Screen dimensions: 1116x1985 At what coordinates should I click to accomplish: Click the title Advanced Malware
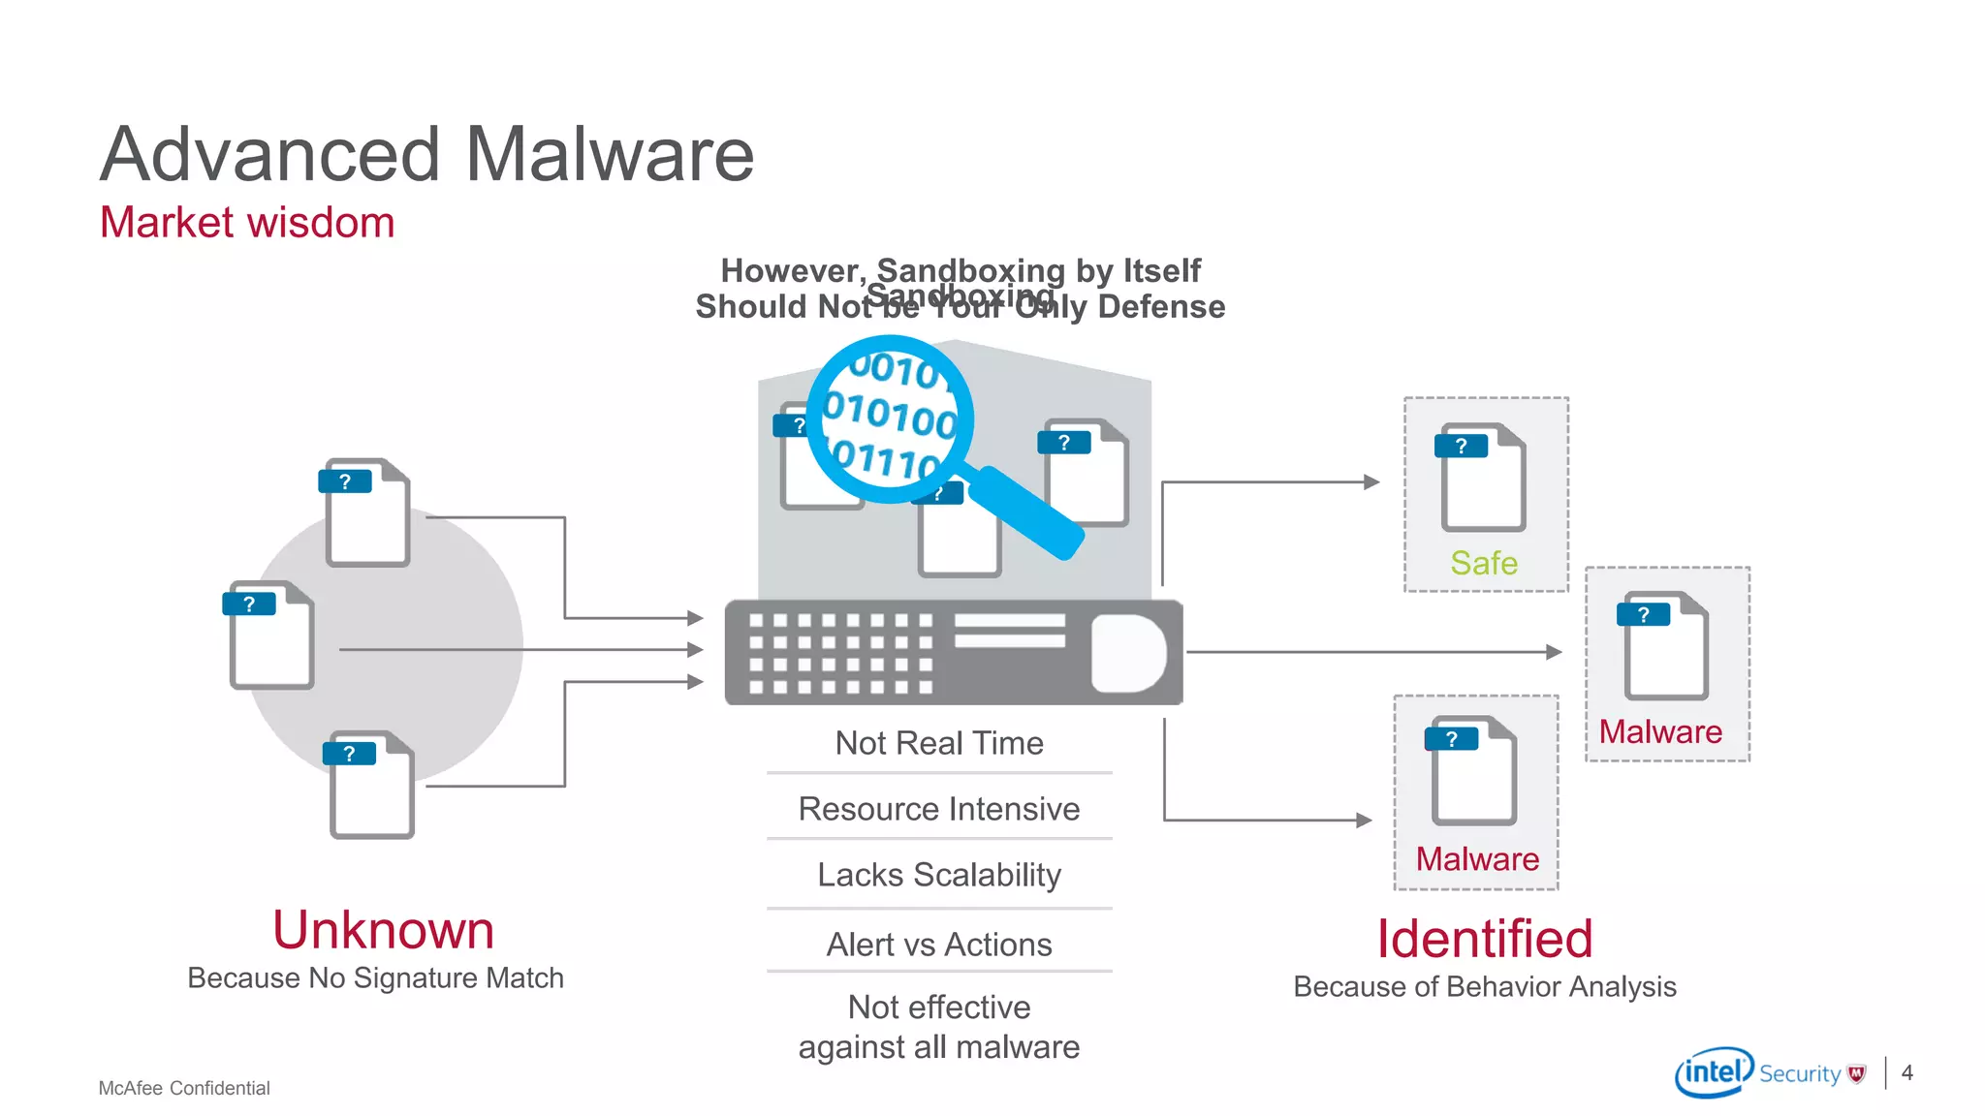[x=426, y=155]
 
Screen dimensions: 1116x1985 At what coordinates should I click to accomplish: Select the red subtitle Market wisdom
[x=247, y=223]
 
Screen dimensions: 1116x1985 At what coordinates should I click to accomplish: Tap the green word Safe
[x=1484, y=563]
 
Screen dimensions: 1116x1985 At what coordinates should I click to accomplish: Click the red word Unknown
[x=383, y=930]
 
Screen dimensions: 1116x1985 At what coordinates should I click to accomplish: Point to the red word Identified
[x=1485, y=939]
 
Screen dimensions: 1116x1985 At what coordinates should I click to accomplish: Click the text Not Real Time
[x=939, y=743]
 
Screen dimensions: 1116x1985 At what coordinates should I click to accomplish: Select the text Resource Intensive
[x=939, y=809]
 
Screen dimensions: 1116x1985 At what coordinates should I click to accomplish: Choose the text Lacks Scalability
[x=939, y=875]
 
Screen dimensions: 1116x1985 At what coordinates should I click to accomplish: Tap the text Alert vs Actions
[x=939, y=945]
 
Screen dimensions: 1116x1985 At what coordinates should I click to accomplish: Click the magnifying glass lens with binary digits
[x=890, y=418]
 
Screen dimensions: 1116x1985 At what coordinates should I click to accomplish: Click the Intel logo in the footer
[x=1713, y=1072]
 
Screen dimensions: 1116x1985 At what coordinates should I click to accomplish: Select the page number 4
[x=1906, y=1072]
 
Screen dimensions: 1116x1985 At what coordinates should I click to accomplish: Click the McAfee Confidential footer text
[x=184, y=1088]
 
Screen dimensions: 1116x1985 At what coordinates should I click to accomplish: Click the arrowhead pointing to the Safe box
[x=1371, y=481]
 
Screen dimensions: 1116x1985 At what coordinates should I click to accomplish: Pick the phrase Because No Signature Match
[x=375, y=978]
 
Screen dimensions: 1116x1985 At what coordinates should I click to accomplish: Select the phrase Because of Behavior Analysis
[x=1484, y=987]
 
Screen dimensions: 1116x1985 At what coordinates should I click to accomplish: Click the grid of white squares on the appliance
[x=840, y=653]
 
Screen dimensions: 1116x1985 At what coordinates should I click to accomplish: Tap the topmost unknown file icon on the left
[x=366, y=512]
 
